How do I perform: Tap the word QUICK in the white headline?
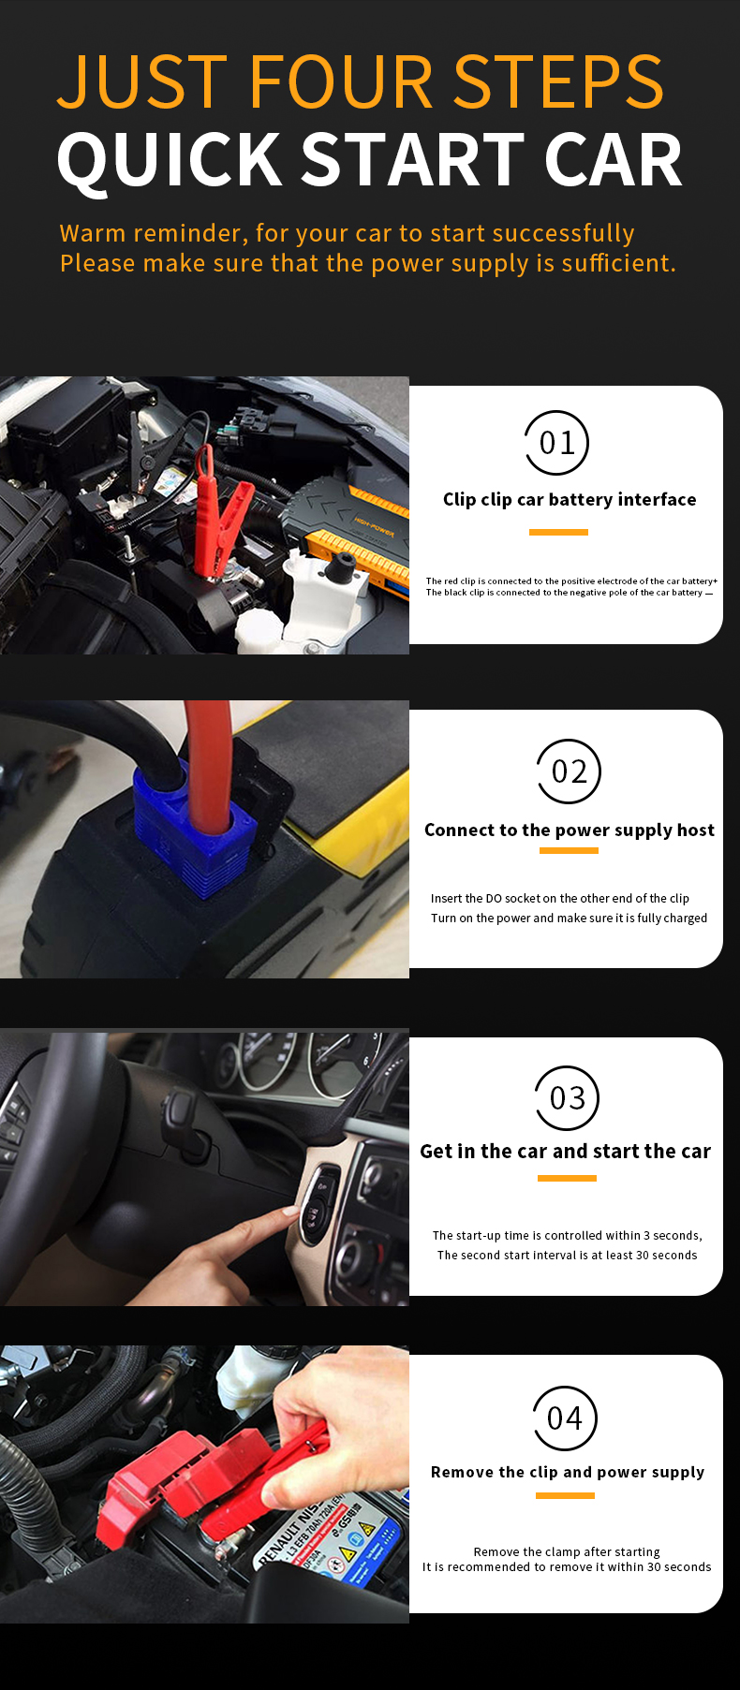coord(170,160)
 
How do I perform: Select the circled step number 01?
coord(557,443)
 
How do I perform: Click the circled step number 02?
coord(569,772)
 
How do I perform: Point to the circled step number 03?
coord(567,1098)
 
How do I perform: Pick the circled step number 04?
coord(565,1418)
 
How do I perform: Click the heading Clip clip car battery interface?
coord(570,500)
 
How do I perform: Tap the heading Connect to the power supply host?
coord(569,830)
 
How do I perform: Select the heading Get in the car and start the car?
coord(565,1152)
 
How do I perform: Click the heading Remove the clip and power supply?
coord(568,1472)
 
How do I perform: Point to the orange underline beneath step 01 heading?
coord(558,532)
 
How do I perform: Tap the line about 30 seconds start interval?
coord(567,1256)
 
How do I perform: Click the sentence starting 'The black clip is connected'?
coord(570,593)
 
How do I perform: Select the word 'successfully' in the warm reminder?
coord(563,233)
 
